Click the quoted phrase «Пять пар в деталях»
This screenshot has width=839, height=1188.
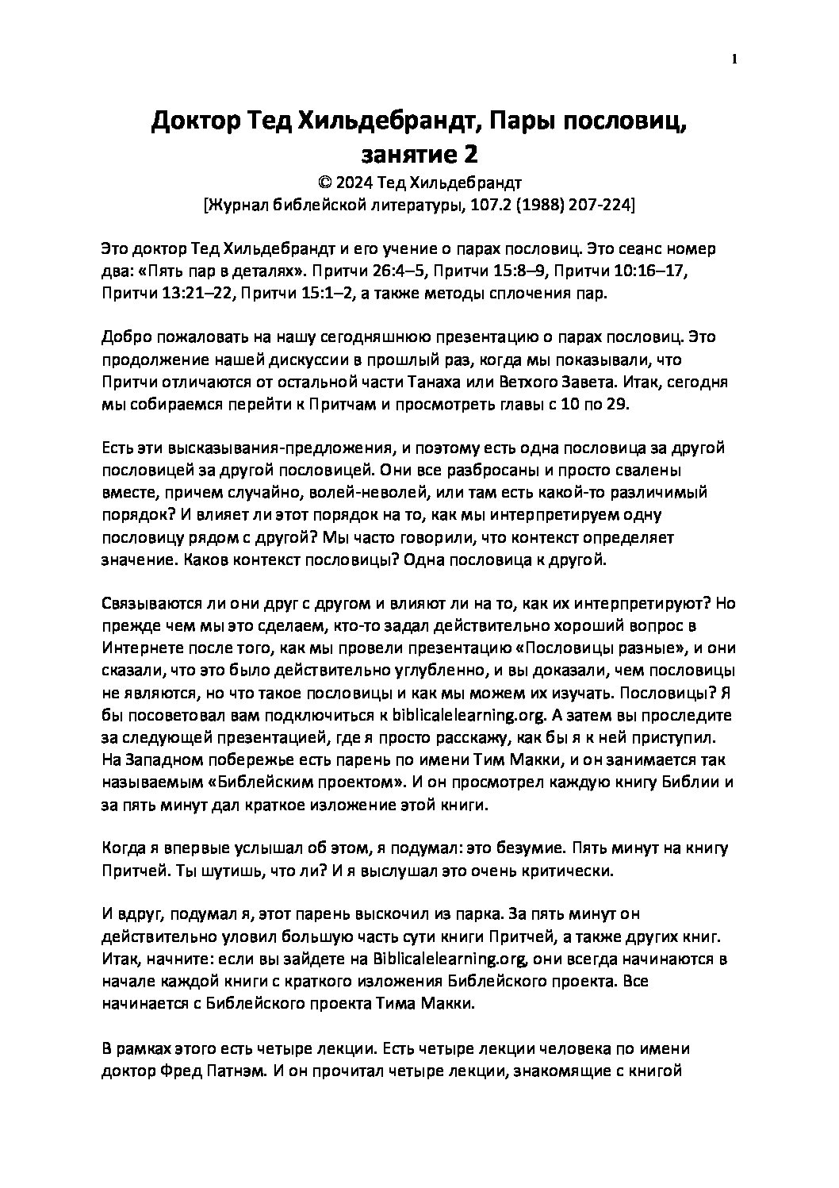point(204,271)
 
